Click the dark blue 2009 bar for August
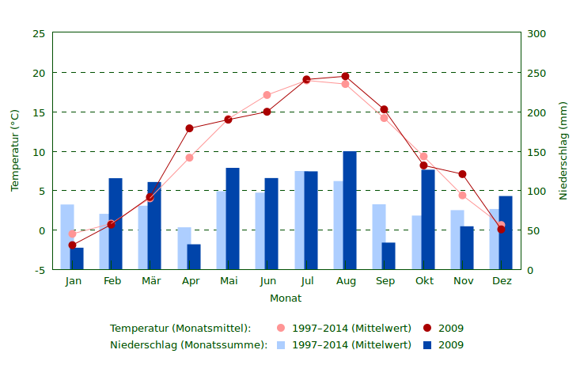(x=350, y=211)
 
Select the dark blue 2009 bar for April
(x=194, y=257)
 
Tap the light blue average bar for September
(x=379, y=237)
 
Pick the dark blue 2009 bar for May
(x=233, y=219)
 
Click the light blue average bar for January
(x=67, y=237)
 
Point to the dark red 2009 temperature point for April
(x=189, y=128)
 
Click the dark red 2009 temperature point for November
(x=462, y=174)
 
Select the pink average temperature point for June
(x=267, y=95)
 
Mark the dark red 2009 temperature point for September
(x=384, y=110)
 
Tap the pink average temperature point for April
(x=189, y=158)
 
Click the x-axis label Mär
(x=151, y=281)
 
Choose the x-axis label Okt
(x=424, y=281)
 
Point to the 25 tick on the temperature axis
(x=39, y=34)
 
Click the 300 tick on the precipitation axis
(x=536, y=34)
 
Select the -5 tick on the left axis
(x=39, y=270)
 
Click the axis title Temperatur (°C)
(x=15, y=150)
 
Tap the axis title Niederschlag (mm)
(x=563, y=150)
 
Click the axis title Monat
(x=286, y=298)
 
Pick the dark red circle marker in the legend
(x=427, y=328)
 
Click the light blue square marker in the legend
(x=281, y=345)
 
